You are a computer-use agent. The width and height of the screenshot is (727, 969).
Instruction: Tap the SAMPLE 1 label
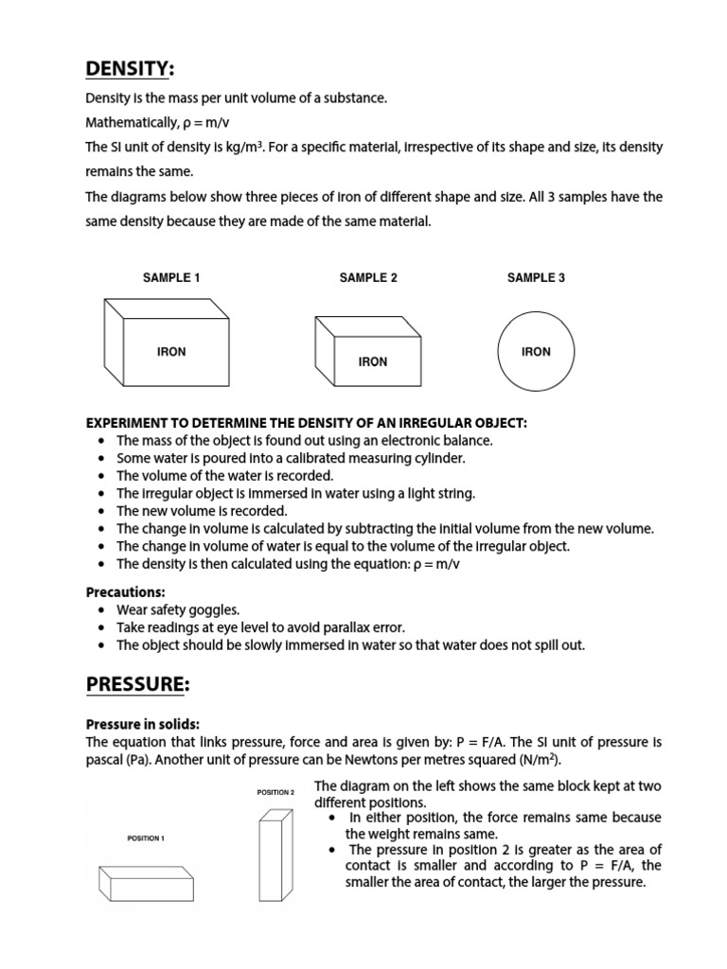click(171, 278)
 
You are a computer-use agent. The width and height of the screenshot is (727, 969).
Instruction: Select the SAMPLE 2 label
click(368, 278)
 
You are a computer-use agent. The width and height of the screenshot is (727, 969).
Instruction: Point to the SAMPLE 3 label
click(536, 278)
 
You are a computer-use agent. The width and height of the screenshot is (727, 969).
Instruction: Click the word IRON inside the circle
click(536, 352)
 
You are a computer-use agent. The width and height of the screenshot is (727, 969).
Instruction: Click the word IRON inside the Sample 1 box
click(171, 352)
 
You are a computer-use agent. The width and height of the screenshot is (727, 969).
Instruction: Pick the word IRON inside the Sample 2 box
click(373, 361)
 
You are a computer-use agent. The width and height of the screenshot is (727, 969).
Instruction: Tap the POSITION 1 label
click(146, 838)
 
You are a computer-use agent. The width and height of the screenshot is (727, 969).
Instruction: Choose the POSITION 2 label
click(275, 792)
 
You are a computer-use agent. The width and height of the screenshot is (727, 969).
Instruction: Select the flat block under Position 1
click(146, 884)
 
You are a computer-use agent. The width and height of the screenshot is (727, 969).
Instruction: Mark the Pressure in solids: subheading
click(142, 724)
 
